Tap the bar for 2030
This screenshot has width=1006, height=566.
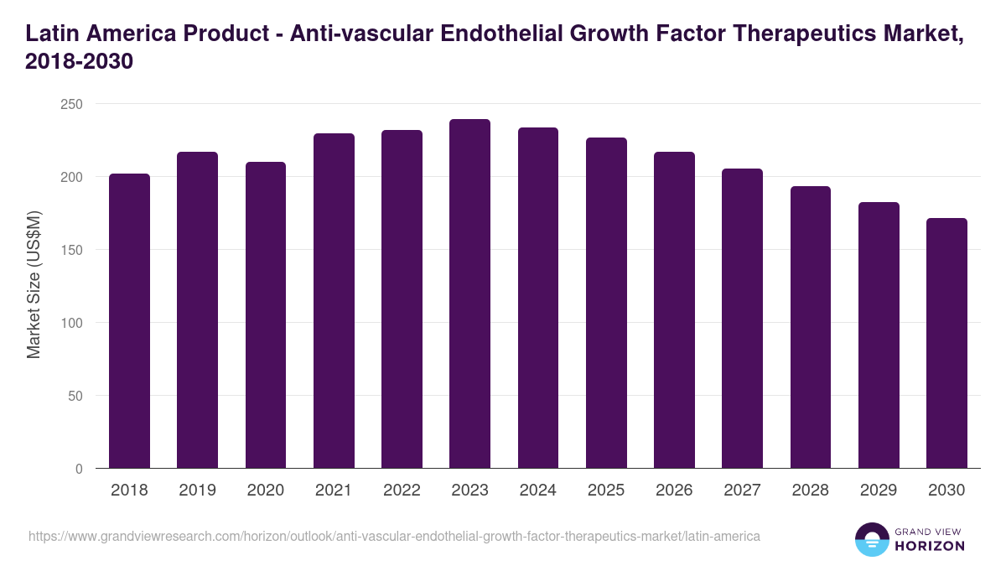[946, 343]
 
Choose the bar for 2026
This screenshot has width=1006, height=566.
[674, 309]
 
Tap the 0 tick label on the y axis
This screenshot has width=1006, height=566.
[79, 469]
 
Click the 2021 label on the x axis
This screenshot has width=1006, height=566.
[333, 491]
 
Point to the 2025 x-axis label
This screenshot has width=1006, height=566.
[605, 491]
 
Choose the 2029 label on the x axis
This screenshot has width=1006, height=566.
[878, 491]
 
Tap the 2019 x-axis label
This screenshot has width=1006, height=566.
[197, 491]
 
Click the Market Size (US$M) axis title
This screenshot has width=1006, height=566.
[34, 285]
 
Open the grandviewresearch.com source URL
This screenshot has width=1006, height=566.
[394, 536]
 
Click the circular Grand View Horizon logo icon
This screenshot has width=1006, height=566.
[872, 539]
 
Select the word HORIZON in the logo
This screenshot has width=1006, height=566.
[931, 546]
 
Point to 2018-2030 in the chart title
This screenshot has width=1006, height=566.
[80, 62]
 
